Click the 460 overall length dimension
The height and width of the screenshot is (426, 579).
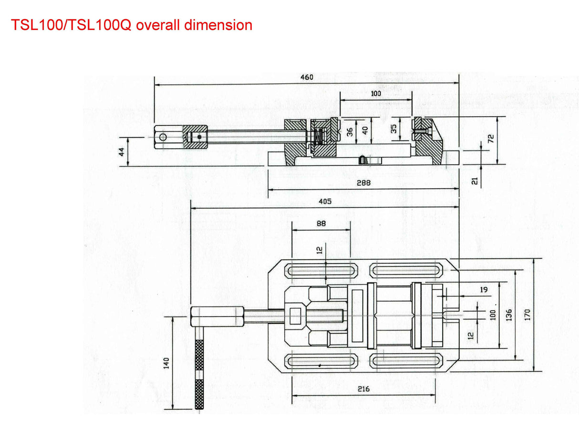[x=307, y=77]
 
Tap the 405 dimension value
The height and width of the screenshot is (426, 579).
[x=325, y=202]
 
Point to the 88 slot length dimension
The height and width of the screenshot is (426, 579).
[x=321, y=223]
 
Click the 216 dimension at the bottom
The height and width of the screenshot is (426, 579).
[x=363, y=389]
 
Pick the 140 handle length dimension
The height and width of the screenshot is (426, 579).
[x=166, y=364]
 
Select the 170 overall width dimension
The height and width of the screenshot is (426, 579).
[x=527, y=314]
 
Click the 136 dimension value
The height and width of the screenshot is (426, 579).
[x=509, y=314]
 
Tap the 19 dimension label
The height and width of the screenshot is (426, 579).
[x=484, y=289]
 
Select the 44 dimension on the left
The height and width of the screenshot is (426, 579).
[x=122, y=152]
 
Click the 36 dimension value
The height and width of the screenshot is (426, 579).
[x=351, y=132]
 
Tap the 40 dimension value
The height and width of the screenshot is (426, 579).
[x=365, y=130]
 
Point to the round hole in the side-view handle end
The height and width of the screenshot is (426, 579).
[x=163, y=137]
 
